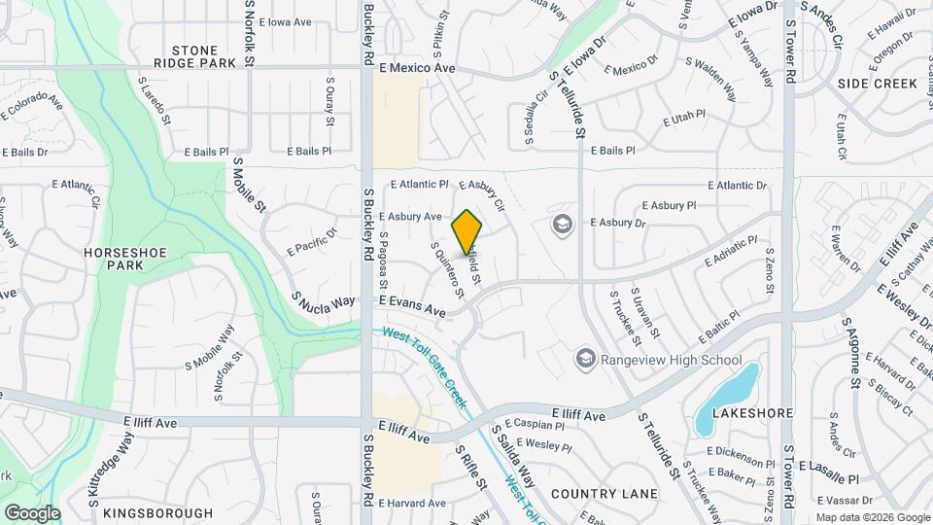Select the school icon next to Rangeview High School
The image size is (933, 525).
pos(585,360)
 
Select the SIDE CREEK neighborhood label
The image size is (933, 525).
pos(878,84)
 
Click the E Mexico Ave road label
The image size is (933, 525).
pos(417,69)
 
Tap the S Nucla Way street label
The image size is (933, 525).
pos(324,301)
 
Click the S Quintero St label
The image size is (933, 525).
pos(446,270)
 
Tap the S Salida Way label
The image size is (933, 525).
pos(512,454)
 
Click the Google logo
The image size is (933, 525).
pos(32,512)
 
